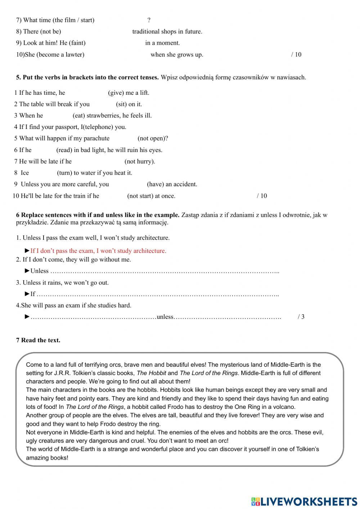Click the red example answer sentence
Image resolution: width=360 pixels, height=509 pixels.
(98, 251)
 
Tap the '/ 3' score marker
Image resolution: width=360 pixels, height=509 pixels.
(301, 317)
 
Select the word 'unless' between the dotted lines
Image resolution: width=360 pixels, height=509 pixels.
(165, 317)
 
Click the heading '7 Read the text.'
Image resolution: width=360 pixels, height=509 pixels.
(38, 340)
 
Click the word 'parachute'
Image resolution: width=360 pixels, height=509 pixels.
(96, 138)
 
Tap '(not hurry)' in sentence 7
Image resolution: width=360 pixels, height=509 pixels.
(140, 161)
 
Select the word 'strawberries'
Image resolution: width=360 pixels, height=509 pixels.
(104, 115)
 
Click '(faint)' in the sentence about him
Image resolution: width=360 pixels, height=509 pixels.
(77, 43)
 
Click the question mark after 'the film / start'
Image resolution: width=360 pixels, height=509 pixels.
(149, 20)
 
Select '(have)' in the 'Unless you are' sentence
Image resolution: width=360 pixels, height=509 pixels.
(156, 184)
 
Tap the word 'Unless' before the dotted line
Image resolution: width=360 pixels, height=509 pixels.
(39, 271)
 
